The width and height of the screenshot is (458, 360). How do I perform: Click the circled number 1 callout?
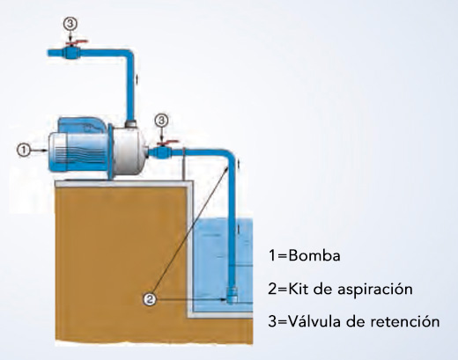click(24, 151)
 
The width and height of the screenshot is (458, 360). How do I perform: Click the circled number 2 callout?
click(150, 299)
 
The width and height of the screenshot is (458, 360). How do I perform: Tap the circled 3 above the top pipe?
click(70, 24)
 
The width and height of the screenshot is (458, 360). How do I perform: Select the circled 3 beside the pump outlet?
click(161, 120)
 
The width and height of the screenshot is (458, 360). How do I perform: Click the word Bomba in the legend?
click(314, 255)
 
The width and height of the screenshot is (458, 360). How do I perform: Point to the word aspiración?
click(375, 290)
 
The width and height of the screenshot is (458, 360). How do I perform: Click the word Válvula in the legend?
click(314, 320)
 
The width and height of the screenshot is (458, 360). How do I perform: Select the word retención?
click(405, 321)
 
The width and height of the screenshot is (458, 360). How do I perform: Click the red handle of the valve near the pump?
click(167, 143)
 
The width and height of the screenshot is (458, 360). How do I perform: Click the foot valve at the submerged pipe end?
click(232, 296)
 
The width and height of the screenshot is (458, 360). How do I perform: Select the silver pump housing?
click(129, 152)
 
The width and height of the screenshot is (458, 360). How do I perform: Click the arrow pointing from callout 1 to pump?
click(39, 151)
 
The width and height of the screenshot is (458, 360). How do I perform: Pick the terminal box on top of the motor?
click(82, 126)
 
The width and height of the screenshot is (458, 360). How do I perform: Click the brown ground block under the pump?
click(122, 261)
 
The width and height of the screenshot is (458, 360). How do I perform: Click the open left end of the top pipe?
click(48, 53)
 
